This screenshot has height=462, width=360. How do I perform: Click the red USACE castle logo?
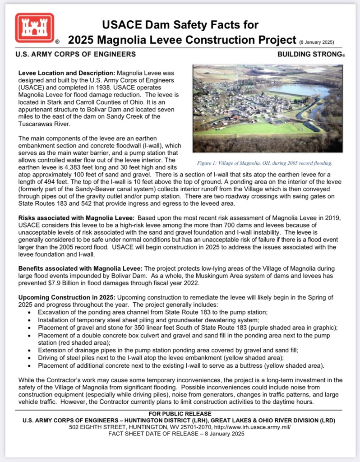pos(34,28)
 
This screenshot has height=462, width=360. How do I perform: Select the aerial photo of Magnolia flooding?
pos(267,108)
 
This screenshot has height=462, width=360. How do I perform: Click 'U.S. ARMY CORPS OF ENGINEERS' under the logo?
pos(75,55)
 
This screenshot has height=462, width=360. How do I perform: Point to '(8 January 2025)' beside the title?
pos(316,42)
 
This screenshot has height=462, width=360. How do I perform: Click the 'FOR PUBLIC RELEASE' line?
pos(179,414)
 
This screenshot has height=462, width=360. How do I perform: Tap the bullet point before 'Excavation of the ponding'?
pos(29,312)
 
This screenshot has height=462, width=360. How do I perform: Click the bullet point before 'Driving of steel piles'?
pos(29,357)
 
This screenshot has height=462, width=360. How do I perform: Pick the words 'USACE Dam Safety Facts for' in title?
pos(180,25)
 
